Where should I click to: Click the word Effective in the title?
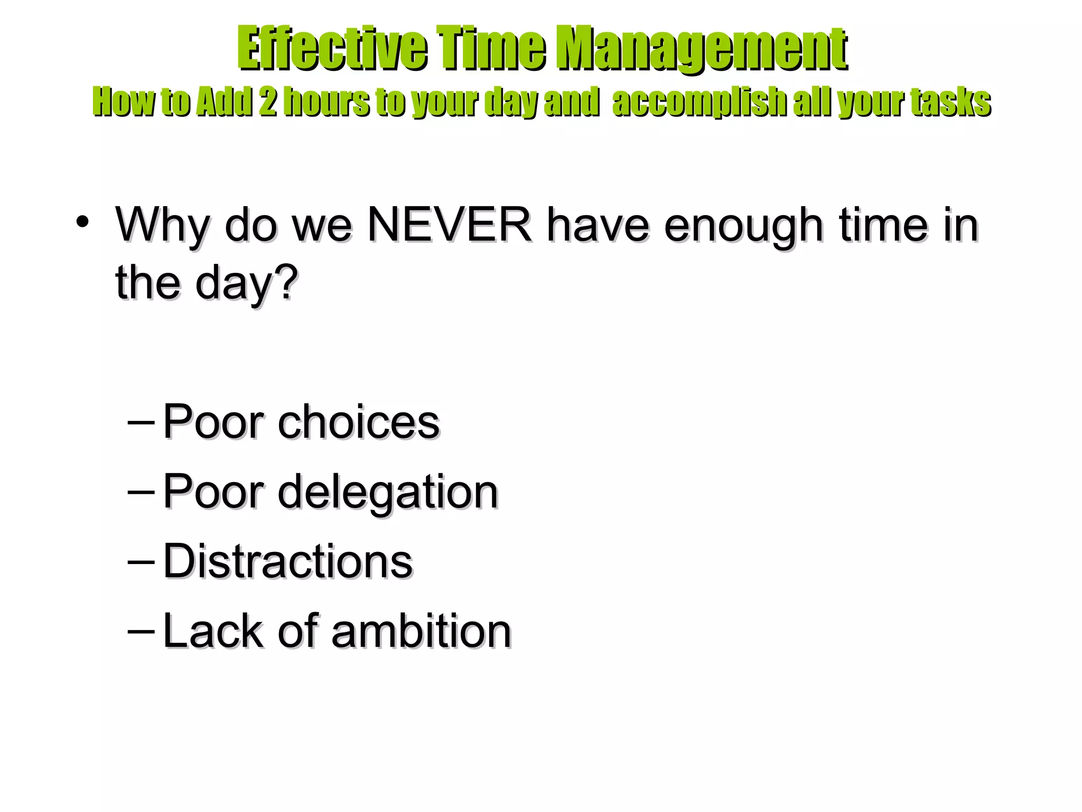point(332,49)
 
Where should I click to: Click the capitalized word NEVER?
point(450,225)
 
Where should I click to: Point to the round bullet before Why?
point(82,222)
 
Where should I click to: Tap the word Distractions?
point(288,561)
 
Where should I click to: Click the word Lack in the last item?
point(213,631)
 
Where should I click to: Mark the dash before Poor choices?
point(141,423)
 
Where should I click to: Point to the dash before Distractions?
point(141,562)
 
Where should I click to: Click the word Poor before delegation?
point(213,492)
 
